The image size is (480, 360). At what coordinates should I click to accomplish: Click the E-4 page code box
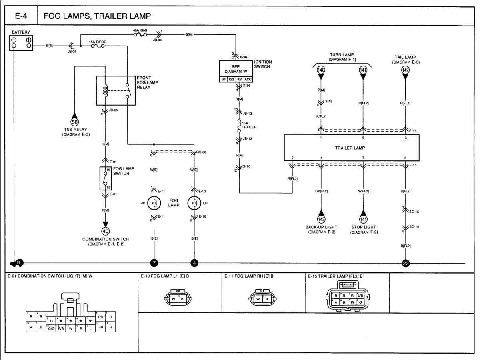21,16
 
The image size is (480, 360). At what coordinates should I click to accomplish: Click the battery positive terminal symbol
29,40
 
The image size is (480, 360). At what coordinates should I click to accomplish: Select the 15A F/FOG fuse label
97,42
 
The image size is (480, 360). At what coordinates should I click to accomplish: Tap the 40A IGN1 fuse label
140,30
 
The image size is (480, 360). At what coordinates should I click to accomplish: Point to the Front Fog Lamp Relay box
116,90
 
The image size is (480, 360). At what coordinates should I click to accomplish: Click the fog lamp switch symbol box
106,178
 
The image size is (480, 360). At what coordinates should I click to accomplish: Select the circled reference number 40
106,231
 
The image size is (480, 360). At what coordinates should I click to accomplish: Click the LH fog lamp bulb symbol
194,203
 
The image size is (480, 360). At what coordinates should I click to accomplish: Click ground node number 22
405,263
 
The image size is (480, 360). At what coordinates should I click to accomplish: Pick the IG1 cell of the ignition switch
240,79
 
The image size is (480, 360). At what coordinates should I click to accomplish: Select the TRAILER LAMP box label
350,148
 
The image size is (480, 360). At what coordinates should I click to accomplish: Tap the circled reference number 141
363,70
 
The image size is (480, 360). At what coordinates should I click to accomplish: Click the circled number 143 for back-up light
321,219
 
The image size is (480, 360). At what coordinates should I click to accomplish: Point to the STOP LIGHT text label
363,227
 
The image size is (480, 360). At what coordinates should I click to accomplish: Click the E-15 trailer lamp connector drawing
347,296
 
